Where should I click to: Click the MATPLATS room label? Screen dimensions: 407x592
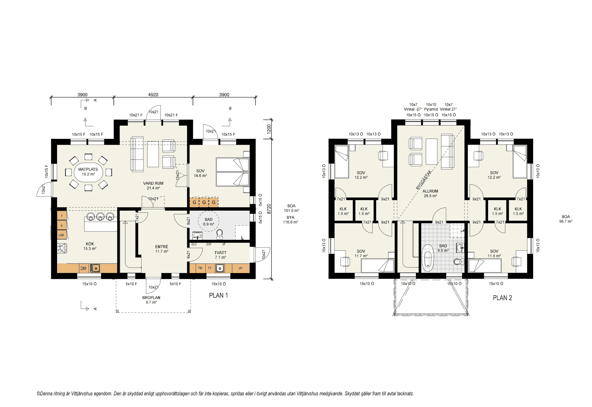coord(88,169)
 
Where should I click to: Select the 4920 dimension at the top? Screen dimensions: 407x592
coord(153,95)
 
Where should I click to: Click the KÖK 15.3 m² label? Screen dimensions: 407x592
coord(90,246)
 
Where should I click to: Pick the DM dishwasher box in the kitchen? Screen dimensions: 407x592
coord(83,268)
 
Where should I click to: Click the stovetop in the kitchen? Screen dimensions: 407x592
coord(62,248)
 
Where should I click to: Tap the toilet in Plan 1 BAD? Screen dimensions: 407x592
coord(220,234)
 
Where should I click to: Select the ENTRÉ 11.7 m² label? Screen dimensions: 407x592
coord(162,249)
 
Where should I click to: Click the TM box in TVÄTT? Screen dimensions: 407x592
coord(200,268)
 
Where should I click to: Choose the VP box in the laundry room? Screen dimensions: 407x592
coord(240,268)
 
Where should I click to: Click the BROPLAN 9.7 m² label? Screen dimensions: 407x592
coord(151,300)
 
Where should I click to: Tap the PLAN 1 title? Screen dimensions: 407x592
coord(218,296)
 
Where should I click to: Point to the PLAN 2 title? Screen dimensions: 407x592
coord(502,298)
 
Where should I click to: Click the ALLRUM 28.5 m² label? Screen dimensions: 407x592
coord(430,193)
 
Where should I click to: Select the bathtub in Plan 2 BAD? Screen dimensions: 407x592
coord(427,258)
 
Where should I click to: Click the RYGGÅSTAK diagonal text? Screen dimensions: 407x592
coord(424,180)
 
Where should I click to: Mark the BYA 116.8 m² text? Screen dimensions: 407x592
coord(290,220)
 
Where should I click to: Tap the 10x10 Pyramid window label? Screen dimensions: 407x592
coord(431,107)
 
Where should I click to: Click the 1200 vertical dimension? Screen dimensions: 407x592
coord(269,129)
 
